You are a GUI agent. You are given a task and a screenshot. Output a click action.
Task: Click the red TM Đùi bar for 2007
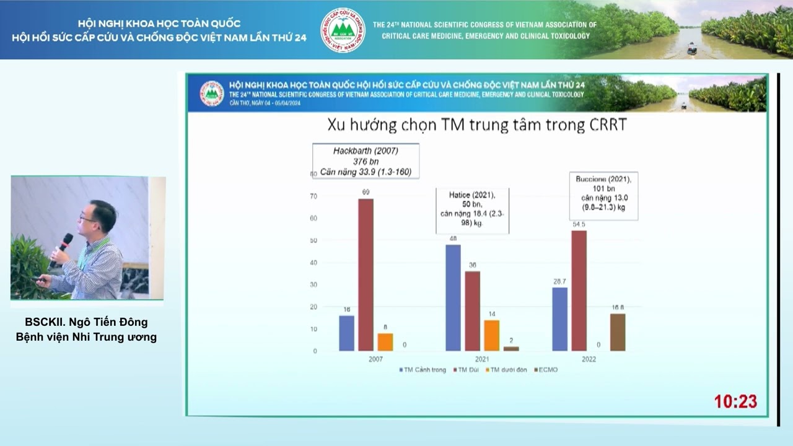pyautogui.click(x=366, y=275)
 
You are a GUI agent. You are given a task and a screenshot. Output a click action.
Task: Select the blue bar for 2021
pyautogui.click(x=453, y=298)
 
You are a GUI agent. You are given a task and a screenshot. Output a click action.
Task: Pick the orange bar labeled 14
pyautogui.click(x=491, y=335)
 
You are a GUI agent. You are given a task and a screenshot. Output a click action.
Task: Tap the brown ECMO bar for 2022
pyautogui.click(x=618, y=332)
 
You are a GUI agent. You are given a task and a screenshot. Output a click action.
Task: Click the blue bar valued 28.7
pyautogui.click(x=559, y=319)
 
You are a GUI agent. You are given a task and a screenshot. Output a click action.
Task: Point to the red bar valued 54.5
pyautogui.click(x=579, y=291)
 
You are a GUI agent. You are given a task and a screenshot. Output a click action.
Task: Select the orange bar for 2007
pyautogui.click(x=385, y=342)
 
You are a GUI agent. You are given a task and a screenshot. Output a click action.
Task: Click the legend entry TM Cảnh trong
pyautogui.click(x=423, y=370)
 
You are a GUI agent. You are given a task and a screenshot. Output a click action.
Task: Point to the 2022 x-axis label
pyautogui.click(x=588, y=359)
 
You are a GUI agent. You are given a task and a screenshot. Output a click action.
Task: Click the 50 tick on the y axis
pyautogui.click(x=313, y=240)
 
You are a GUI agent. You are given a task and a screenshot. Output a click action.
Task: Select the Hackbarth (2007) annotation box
pyautogui.click(x=366, y=161)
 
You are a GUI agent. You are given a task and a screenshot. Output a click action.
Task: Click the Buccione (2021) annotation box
pyautogui.click(x=603, y=195)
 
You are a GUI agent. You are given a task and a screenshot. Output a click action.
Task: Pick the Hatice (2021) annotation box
pyautogui.click(x=473, y=211)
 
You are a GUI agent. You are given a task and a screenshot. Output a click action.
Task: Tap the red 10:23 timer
pyautogui.click(x=735, y=401)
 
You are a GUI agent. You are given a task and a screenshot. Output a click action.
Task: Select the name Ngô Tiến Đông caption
pyautogui.click(x=86, y=322)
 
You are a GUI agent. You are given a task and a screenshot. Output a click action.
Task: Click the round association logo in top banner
pyautogui.click(x=343, y=30)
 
